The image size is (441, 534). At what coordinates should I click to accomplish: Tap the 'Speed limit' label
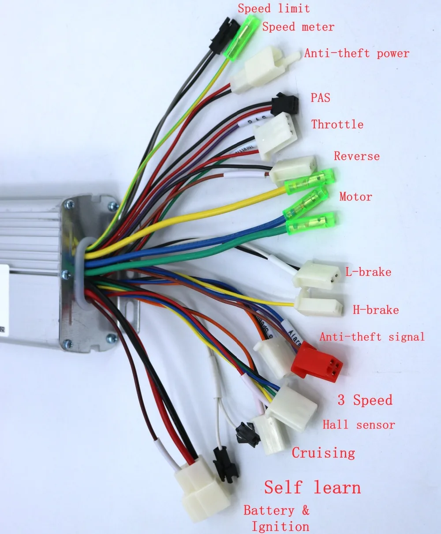273,8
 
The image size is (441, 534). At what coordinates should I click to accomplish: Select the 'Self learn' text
312,488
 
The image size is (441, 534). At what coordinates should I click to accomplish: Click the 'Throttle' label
337,124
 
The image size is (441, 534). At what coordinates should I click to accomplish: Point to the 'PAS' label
321,98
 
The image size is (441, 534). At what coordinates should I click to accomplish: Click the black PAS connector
285,104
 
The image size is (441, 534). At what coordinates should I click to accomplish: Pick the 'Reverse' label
356,156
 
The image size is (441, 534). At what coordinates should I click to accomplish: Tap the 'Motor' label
355,197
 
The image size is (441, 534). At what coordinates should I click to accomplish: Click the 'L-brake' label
368,272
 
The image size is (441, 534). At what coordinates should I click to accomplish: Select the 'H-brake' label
375,310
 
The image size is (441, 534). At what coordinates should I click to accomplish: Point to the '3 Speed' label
365,400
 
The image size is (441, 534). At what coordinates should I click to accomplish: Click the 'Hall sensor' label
359,425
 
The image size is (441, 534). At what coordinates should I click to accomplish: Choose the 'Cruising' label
323,453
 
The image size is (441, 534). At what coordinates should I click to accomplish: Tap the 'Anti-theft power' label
356,54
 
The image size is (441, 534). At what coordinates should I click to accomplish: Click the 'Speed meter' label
298,27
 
